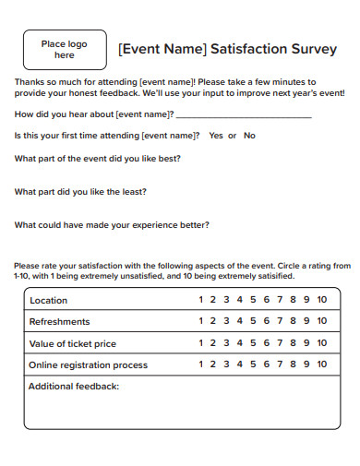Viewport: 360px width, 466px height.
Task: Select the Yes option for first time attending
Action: (216, 136)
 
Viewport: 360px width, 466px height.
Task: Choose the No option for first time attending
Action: (249, 136)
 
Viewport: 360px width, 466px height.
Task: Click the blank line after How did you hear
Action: (243, 115)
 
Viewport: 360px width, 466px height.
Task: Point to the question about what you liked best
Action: (98, 158)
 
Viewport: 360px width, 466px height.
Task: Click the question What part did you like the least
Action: (81, 192)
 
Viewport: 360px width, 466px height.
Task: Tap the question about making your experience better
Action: (112, 225)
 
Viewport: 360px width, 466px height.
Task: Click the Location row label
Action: (48, 301)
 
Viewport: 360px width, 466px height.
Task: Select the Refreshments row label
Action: (60, 322)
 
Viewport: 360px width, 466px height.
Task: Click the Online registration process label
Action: (89, 365)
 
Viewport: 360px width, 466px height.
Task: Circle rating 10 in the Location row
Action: (321, 301)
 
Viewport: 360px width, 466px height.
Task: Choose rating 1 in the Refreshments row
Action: (201, 322)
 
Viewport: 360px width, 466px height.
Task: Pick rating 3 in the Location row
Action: (227, 301)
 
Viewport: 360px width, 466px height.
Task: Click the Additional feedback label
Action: (74, 387)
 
